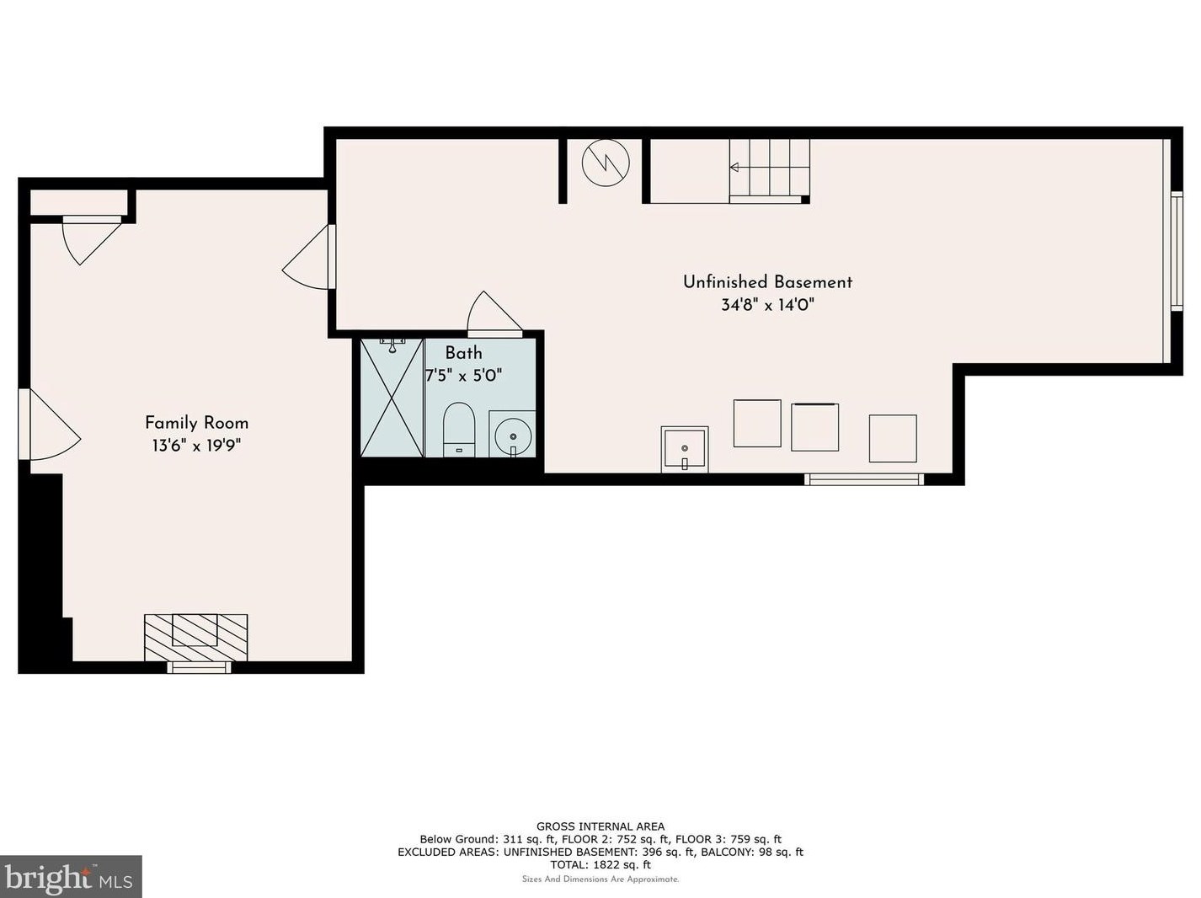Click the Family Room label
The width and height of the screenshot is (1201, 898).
pyautogui.click(x=196, y=423)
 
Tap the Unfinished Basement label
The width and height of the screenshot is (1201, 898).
pyautogui.click(x=767, y=282)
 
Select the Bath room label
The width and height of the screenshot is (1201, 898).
pyautogui.click(x=463, y=353)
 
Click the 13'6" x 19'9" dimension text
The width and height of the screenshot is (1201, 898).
pyautogui.click(x=196, y=446)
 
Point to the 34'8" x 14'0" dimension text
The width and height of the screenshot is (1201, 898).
pyautogui.click(x=767, y=305)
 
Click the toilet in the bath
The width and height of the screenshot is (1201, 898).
pyautogui.click(x=458, y=430)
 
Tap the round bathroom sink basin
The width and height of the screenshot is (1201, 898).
pyautogui.click(x=513, y=436)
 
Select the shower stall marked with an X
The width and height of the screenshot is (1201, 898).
pyautogui.click(x=392, y=398)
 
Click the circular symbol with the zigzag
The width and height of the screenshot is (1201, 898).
pyautogui.click(x=606, y=163)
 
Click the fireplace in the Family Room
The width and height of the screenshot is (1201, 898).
pyautogui.click(x=196, y=638)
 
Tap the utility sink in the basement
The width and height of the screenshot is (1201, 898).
pyautogui.click(x=685, y=449)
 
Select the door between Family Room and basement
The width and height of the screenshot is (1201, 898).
pyautogui.click(x=310, y=256)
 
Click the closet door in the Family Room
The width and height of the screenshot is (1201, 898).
pyautogui.click(x=91, y=240)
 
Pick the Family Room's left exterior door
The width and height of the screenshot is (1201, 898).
pyautogui.click(x=49, y=424)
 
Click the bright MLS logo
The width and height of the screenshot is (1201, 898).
pyautogui.click(x=71, y=877)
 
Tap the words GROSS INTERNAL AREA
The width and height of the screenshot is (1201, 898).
pyautogui.click(x=600, y=827)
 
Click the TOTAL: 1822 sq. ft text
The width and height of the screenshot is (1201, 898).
pyautogui.click(x=600, y=865)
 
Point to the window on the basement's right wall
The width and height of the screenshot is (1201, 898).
pyautogui.click(x=1177, y=251)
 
